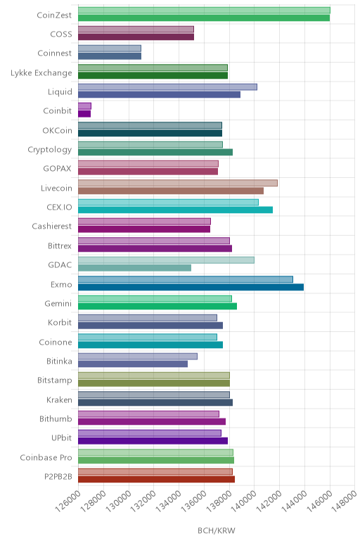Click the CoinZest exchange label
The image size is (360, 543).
(54, 15)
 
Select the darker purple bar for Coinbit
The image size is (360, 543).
(84, 113)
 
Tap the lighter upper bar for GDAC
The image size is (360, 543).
(166, 260)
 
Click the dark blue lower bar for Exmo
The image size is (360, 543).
(191, 287)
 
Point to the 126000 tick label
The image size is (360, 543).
(67, 501)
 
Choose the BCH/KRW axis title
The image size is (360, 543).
(217, 530)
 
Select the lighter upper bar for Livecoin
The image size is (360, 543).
(178, 183)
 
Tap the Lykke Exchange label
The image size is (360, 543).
(41, 73)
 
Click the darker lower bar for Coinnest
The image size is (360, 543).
(110, 56)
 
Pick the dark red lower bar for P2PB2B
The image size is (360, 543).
(157, 479)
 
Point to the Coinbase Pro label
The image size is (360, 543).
(46, 457)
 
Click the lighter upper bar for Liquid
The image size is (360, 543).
(167, 87)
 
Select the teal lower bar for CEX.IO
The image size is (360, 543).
(176, 210)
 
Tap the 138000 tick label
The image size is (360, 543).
(219, 501)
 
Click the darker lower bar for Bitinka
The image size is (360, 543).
(133, 364)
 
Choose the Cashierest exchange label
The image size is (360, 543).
(52, 226)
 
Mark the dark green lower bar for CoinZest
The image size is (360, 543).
(204, 18)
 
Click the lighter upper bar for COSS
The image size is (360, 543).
(136, 29)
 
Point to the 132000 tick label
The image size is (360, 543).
(143, 501)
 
